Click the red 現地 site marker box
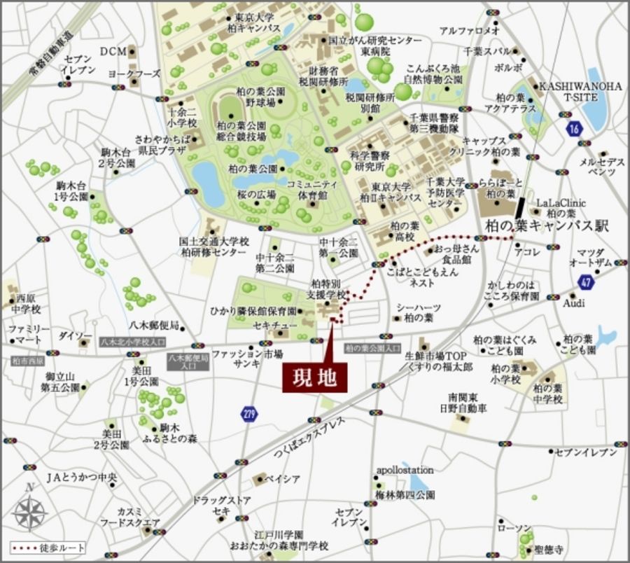coord(315,378)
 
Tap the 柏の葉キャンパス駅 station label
coord(547,226)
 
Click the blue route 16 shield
coord(575,128)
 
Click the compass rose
coord(29,510)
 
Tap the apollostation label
coord(405,470)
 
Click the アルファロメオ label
coord(469,31)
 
